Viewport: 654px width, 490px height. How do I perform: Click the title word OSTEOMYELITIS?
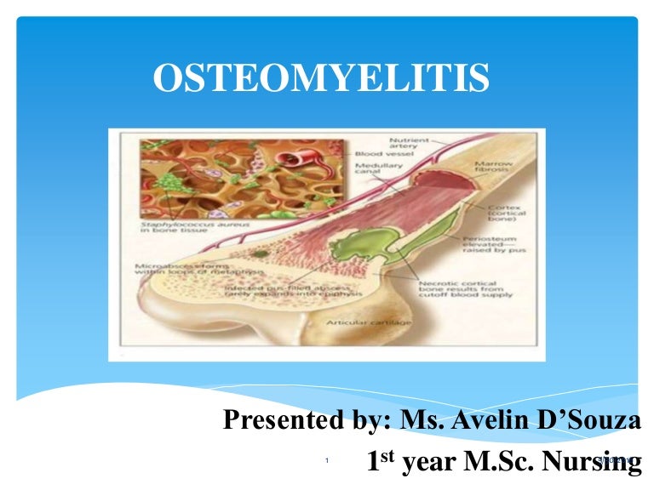(x=321, y=79)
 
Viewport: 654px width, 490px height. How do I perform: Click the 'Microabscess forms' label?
(x=170, y=270)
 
